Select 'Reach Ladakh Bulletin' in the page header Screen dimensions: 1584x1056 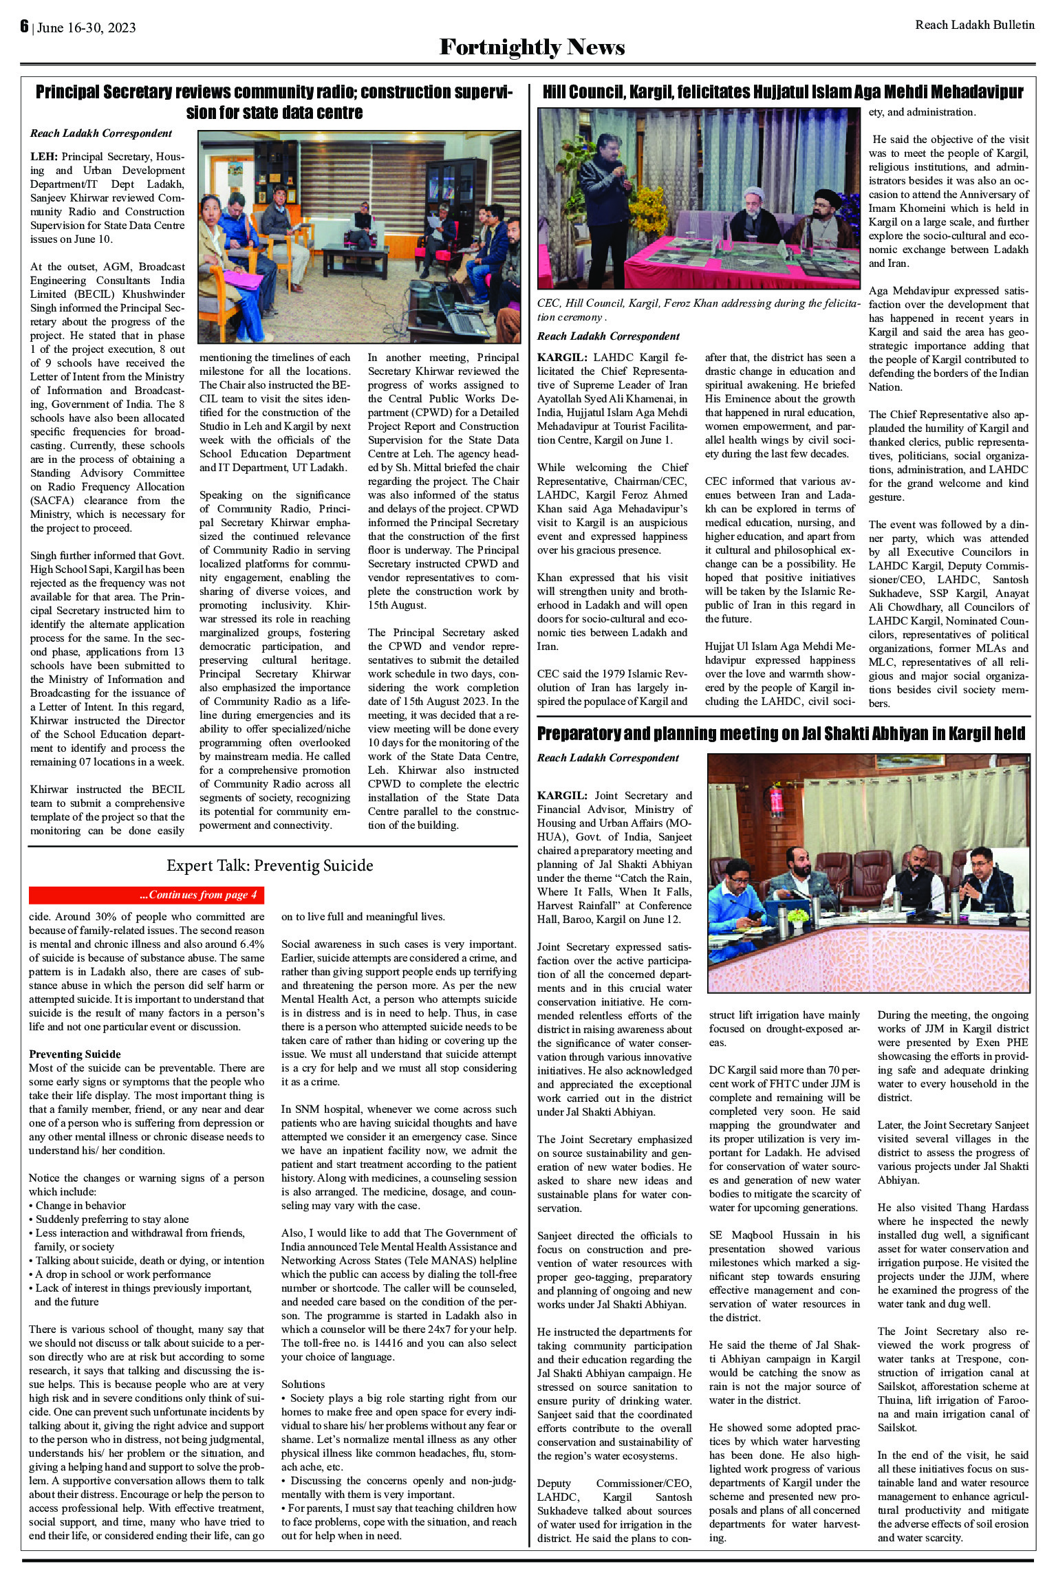[x=974, y=25]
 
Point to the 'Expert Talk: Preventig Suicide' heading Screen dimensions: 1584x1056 [x=270, y=865]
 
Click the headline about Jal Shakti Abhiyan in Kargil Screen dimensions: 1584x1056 [x=781, y=734]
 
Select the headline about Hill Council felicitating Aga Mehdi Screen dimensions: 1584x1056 [x=783, y=92]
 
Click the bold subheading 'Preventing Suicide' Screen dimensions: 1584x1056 [x=75, y=1054]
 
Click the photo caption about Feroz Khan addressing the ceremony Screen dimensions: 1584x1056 [x=698, y=310]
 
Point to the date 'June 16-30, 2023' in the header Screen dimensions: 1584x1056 [x=86, y=28]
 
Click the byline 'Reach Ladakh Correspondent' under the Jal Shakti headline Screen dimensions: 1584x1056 [x=607, y=757]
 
